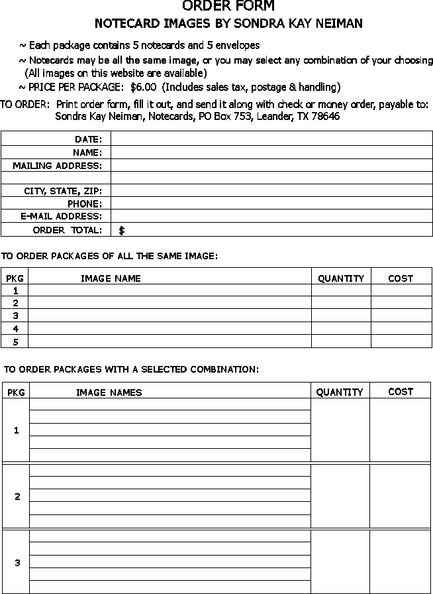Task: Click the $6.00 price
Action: coord(144,87)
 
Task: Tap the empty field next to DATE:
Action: coord(271,138)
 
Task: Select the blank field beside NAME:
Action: coord(271,152)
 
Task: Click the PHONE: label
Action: coord(85,204)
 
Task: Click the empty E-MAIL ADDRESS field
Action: coord(271,216)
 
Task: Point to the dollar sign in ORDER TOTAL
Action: coord(122,231)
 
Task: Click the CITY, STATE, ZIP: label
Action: coord(63,191)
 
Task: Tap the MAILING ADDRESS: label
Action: coord(58,165)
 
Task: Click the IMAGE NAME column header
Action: coord(111,278)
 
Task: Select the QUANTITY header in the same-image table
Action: coord(341,278)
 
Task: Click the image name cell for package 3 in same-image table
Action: coord(170,316)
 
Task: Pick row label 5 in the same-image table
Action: coord(15,341)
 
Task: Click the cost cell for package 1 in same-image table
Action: coord(401,290)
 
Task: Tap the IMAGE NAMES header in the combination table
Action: coord(109,392)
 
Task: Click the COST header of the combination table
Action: coord(401,392)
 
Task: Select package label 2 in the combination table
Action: coord(17,497)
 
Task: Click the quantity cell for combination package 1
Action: coord(340,430)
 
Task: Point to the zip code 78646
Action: coord(325,116)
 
